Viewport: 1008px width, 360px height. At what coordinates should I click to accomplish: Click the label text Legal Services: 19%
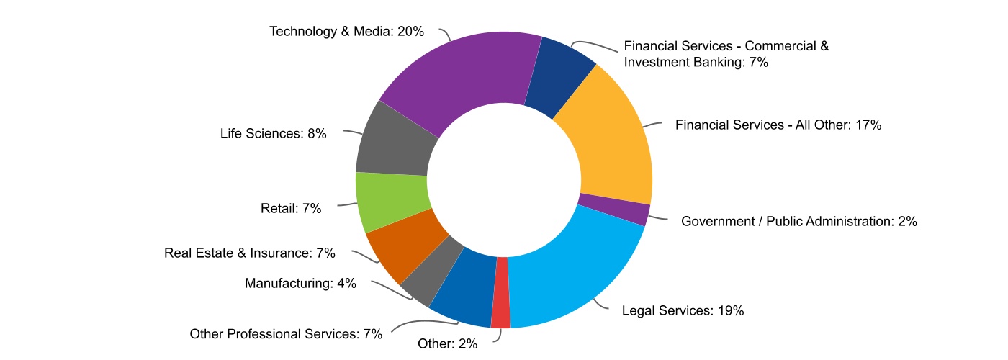click(683, 311)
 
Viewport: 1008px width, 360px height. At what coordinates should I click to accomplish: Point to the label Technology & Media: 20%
click(346, 32)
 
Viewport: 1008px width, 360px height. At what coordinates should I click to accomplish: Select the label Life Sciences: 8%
click(273, 133)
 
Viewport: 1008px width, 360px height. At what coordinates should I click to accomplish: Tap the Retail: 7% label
click(290, 209)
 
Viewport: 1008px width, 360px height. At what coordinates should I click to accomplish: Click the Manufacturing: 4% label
click(300, 283)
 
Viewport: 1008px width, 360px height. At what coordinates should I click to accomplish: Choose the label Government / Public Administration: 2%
click(798, 221)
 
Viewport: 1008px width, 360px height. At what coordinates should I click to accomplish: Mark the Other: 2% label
click(447, 343)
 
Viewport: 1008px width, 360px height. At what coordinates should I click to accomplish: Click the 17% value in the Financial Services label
click(869, 125)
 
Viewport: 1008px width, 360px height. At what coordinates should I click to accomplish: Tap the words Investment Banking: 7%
click(696, 62)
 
